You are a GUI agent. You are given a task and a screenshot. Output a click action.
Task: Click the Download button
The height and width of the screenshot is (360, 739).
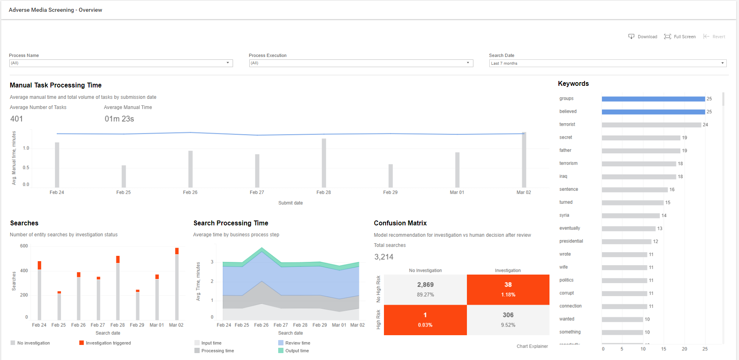[x=643, y=37]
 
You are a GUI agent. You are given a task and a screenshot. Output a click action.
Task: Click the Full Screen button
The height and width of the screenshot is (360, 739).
[x=680, y=37]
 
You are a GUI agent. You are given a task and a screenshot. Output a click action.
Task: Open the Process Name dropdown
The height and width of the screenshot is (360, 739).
[x=121, y=63]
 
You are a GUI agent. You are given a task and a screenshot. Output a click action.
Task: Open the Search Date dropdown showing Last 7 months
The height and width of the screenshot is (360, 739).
[x=608, y=63]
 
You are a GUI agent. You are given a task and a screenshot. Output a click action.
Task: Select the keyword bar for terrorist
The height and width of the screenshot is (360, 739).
[x=651, y=125]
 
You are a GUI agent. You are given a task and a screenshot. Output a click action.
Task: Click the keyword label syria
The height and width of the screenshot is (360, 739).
[x=564, y=215]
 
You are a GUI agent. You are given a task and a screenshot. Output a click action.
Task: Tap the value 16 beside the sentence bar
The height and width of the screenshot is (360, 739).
[x=672, y=190]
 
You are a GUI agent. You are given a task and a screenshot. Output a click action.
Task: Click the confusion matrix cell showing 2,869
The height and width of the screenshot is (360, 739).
[x=425, y=290]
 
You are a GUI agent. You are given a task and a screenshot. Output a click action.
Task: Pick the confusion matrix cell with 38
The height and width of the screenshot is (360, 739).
[x=508, y=290]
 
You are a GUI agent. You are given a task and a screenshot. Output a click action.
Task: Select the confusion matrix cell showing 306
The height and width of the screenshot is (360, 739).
[x=508, y=320]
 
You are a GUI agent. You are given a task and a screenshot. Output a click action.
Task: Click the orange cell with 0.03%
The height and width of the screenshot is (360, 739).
[x=425, y=320]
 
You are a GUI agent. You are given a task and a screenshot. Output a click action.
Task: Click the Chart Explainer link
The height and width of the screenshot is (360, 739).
[x=532, y=346]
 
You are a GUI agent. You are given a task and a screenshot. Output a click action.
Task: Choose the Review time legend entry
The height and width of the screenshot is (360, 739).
[x=294, y=343]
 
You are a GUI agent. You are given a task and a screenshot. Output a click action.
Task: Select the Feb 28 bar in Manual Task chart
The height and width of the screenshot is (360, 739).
[x=324, y=163]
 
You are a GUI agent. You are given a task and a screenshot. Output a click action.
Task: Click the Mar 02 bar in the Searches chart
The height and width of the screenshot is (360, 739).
[x=177, y=284]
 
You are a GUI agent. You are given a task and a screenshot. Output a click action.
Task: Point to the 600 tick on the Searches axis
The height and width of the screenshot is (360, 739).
[x=24, y=246]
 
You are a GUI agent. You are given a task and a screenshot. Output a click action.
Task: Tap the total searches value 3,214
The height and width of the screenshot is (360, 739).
[x=384, y=257]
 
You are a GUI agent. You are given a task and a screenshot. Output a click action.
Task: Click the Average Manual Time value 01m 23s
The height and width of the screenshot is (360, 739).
[x=119, y=119]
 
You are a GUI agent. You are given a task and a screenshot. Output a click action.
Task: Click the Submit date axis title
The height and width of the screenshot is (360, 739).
[x=290, y=203]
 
